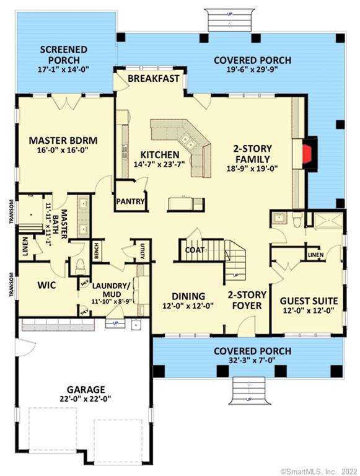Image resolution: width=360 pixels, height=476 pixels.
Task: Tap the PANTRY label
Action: point(131,201)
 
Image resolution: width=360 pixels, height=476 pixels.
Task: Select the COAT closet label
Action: point(193,250)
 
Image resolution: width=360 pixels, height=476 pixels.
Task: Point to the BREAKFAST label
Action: point(153,79)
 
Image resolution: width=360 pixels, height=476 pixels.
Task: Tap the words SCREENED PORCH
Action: point(64,55)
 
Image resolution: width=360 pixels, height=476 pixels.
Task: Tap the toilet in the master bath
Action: point(79,265)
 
